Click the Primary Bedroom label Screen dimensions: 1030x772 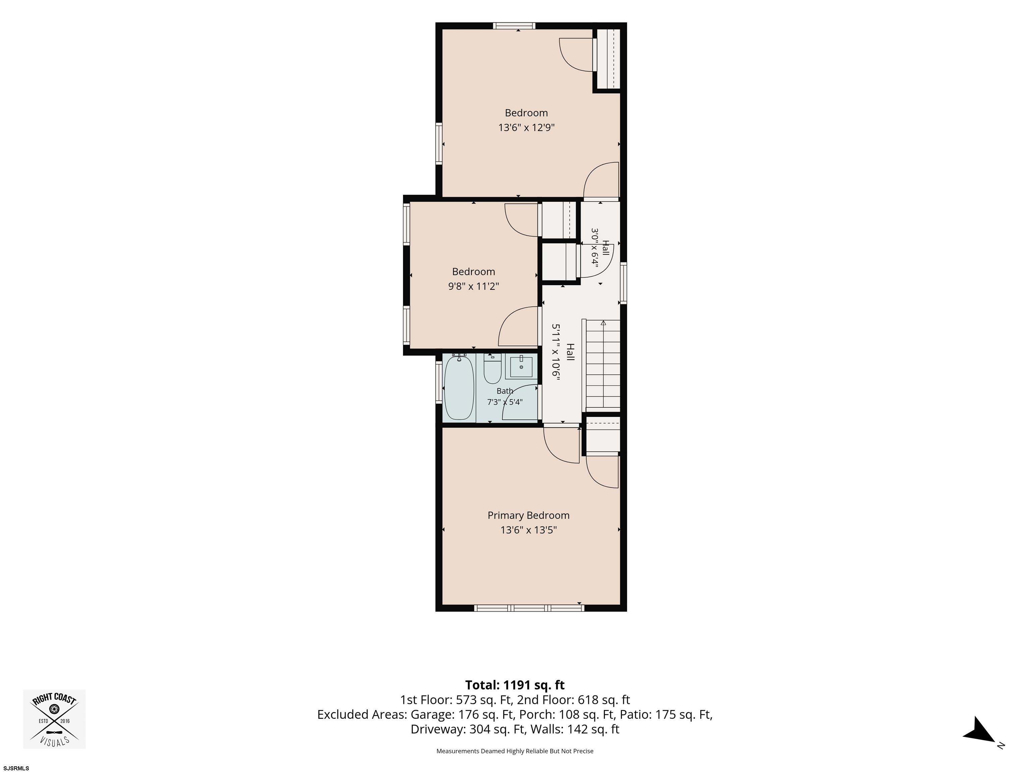click(x=528, y=515)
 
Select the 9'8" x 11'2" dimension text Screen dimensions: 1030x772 click(x=473, y=286)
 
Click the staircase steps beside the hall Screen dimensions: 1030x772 click(x=603, y=365)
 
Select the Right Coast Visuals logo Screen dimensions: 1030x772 click(x=54, y=719)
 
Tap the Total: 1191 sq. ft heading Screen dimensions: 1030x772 click(x=515, y=685)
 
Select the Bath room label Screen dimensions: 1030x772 click(x=505, y=391)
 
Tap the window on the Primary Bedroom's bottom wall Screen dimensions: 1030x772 click(x=529, y=608)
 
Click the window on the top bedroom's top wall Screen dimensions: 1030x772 click(x=515, y=25)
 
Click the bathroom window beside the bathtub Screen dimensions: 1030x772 click(x=439, y=382)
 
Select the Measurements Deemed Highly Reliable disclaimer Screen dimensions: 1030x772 click(x=515, y=751)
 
